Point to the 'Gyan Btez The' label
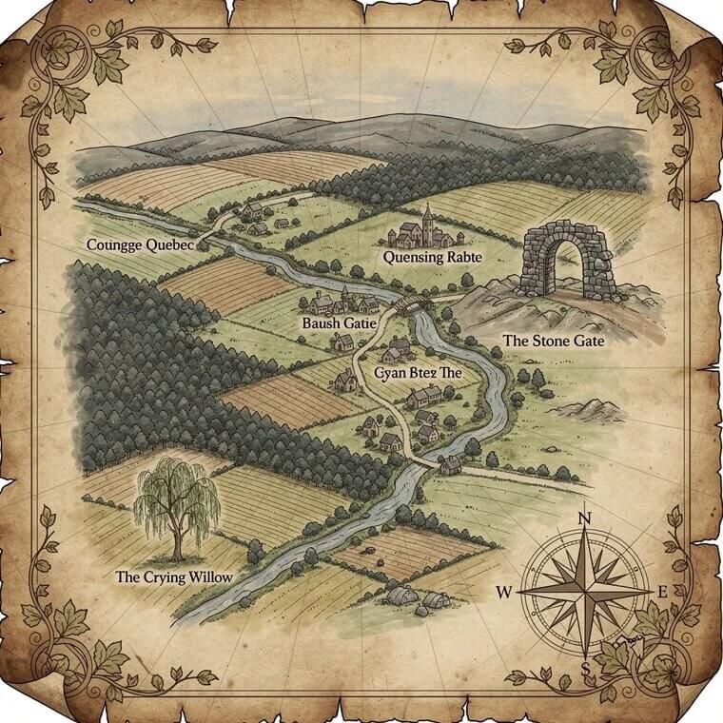point(418,373)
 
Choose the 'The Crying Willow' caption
point(173,576)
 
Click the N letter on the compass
point(586,519)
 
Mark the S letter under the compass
point(586,668)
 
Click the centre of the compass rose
point(586,592)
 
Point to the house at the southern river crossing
point(450,464)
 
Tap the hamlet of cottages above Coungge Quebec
point(258,217)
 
